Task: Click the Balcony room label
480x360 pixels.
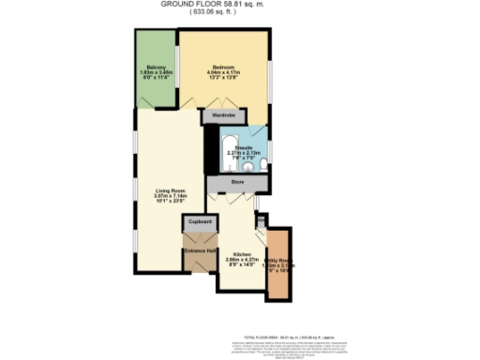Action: [x=153, y=67]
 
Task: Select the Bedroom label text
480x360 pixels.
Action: [x=223, y=67]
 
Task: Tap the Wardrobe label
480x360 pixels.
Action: [x=223, y=115]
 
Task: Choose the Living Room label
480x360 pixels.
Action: [x=169, y=190]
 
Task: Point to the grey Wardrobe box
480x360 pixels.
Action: [x=223, y=116]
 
